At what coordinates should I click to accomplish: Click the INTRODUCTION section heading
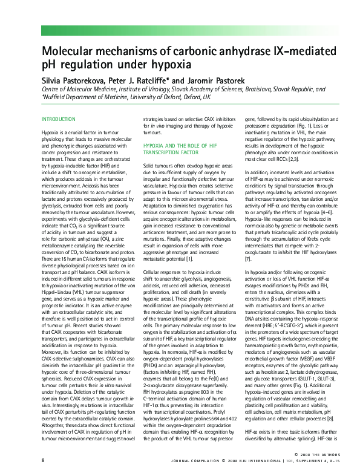click(x=59, y=119)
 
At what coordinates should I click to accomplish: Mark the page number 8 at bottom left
click(x=42, y=460)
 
